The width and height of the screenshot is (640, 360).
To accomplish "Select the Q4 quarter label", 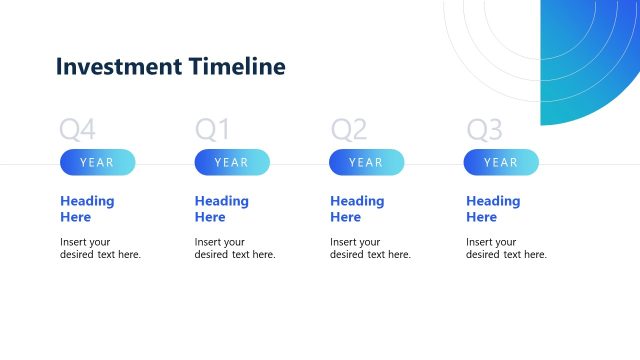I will pyautogui.click(x=77, y=129).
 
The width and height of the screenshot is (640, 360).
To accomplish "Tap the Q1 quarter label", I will pyautogui.click(x=212, y=129).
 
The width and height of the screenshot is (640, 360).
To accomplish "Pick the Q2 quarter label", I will pyautogui.click(x=349, y=129).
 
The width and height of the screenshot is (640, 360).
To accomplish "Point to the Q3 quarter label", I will pyautogui.click(x=484, y=129).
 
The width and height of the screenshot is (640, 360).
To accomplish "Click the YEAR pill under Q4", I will pyautogui.click(x=97, y=162).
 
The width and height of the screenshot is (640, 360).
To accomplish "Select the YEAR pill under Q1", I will pyautogui.click(x=232, y=162).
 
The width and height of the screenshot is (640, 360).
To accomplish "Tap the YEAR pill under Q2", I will pyautogui.click(x=366, y=162).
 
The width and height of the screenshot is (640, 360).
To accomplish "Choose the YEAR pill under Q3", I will pyautogui.click(x=501, y=162).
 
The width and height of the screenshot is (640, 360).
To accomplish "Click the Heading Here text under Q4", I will pyautogui.click(x=87, y=208).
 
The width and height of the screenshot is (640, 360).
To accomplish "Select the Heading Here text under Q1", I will pyautogui.click(x=222, y=208).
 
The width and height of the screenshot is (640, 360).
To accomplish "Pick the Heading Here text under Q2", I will pyautogui.click(x=357, y=208).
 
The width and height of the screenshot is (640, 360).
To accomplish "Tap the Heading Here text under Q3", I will pyautogui.click(x=493, y=208).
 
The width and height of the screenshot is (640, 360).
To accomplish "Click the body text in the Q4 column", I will pyautogui.click(x=100, y=248).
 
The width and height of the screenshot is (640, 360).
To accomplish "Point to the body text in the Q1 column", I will pyautogui.click(x=235, y=248).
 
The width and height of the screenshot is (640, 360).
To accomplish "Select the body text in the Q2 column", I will pyautogui.click(x=370, y=248).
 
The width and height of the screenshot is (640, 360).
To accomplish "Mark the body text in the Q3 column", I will pyautogui.click(x=506, y=248).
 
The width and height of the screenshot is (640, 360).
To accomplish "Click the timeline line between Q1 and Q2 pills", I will pyautogui.click(x=299, y=163).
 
